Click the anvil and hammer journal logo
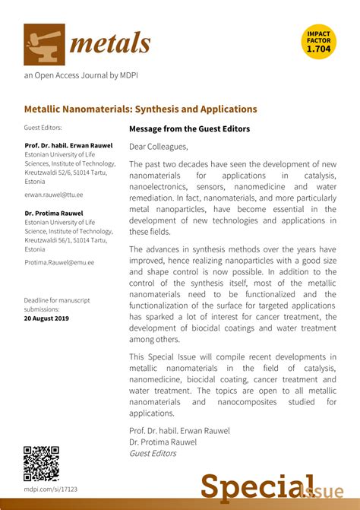pyautogui.click(x=43, y=43)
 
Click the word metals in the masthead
pyautogui.click(x=110, y=44)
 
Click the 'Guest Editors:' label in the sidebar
pyautogui.click(x=43, y=128)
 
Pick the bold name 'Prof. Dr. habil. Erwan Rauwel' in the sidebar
pyautogui.click(x=68, y=145)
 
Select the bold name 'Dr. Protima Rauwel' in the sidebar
pyautogui.click(x=55, y=214)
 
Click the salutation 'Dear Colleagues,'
pyautogui.click(x=158, y=147)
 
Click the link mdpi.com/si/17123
pyautogui.click(x=51, y=489)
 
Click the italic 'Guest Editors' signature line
pyautogui.click(x=153, y=454)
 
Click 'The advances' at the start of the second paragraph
pyautogui.click(x=155, y=249)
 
